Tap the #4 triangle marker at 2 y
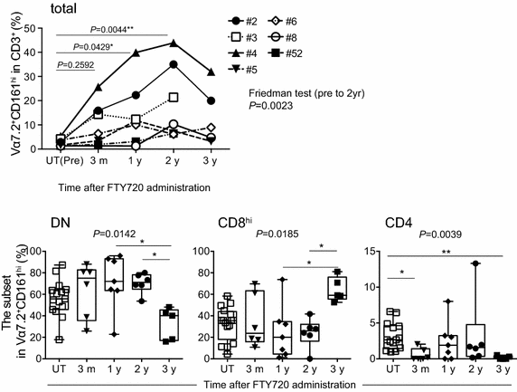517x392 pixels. [x=174, y=43]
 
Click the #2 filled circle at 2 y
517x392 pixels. [x=174, y=64]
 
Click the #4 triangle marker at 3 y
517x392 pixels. [x=211, y=72]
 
